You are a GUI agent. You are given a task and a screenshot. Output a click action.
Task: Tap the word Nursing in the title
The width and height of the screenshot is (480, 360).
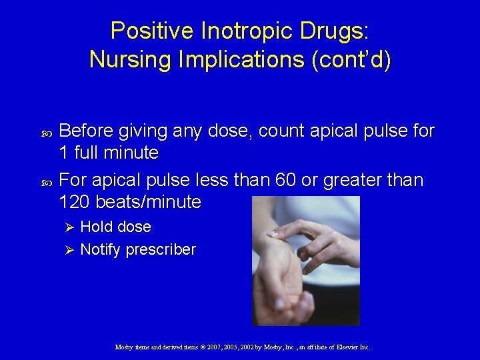(x=127, y=60)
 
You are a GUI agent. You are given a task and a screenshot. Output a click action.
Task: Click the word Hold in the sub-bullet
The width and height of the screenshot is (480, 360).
(x=95, y=227)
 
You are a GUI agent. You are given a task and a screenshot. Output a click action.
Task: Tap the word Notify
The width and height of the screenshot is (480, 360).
(x=100, y=250)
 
